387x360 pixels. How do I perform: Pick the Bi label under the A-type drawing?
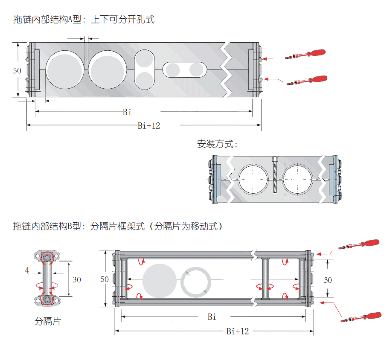click(127, 112)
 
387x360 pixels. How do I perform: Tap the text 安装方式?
click(217, 144)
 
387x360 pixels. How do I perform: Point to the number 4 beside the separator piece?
click(27, 270)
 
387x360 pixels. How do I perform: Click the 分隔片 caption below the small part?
click(47, 321)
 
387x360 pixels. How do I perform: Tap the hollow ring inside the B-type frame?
click(196, 282)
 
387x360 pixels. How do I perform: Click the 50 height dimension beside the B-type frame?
click(105, 279)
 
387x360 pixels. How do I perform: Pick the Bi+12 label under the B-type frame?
click(238, 331)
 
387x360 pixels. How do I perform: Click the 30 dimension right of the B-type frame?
click(328, 280)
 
